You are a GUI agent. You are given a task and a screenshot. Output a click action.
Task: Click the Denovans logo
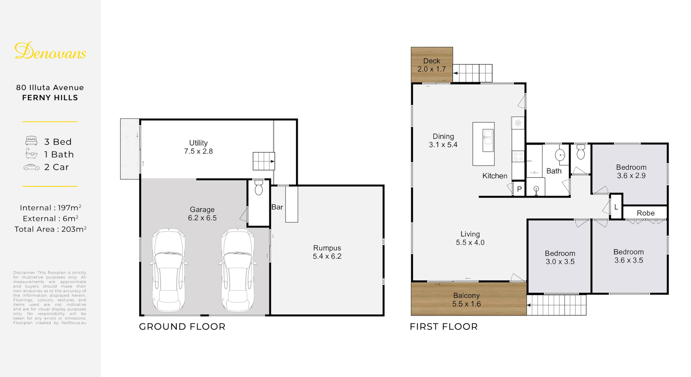pyautogui.click(x=50, y=51)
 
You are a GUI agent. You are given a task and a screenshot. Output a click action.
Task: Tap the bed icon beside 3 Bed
pyautogui.click(x=31, y=141)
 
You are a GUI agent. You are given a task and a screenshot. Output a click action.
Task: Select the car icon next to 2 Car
pyautogui.click(x=31, y=167)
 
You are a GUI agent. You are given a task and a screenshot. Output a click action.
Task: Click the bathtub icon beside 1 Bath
pyautogui.click(x=31, y=154)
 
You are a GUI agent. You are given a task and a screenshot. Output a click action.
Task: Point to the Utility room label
pyautogui.click(x=198, y=147)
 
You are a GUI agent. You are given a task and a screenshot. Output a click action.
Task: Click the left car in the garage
pyautogui.click(x=168, y=270)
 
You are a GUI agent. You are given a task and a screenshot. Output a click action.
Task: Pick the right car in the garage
pyautogui.click(x=238, y=270)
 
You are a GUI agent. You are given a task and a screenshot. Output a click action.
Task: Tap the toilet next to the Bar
pyautogui.click(x=259, y=187)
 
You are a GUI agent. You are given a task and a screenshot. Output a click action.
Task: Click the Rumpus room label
pyautogui.click(x=327, y=252)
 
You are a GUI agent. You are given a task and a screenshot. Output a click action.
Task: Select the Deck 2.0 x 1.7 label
pyautogui.click(x=432, y=65)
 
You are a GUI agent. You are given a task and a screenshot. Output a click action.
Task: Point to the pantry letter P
pyautogui.click(x=519, y=189)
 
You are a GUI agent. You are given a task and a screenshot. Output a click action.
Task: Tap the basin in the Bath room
pyautogui.click(x=560, y=155)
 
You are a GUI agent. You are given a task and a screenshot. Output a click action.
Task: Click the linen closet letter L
pyautogui.click(x=616, y=207)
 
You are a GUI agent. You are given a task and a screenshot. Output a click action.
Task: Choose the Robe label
pyautogui.click(x=646, y=213)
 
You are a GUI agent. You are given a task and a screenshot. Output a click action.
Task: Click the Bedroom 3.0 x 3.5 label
pyautogui.click(x=560, y=258)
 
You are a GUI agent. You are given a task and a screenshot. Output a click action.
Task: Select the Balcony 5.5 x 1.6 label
pyautogui.click(x=466, y=300)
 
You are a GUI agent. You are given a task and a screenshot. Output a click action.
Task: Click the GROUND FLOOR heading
pyautogui.click(x=182, y=327)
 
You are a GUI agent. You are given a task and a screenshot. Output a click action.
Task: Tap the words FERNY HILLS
pyautogui.click(x=50, y=98)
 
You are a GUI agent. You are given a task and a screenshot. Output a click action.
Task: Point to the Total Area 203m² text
pyautogui.click(x=50, y=229)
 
